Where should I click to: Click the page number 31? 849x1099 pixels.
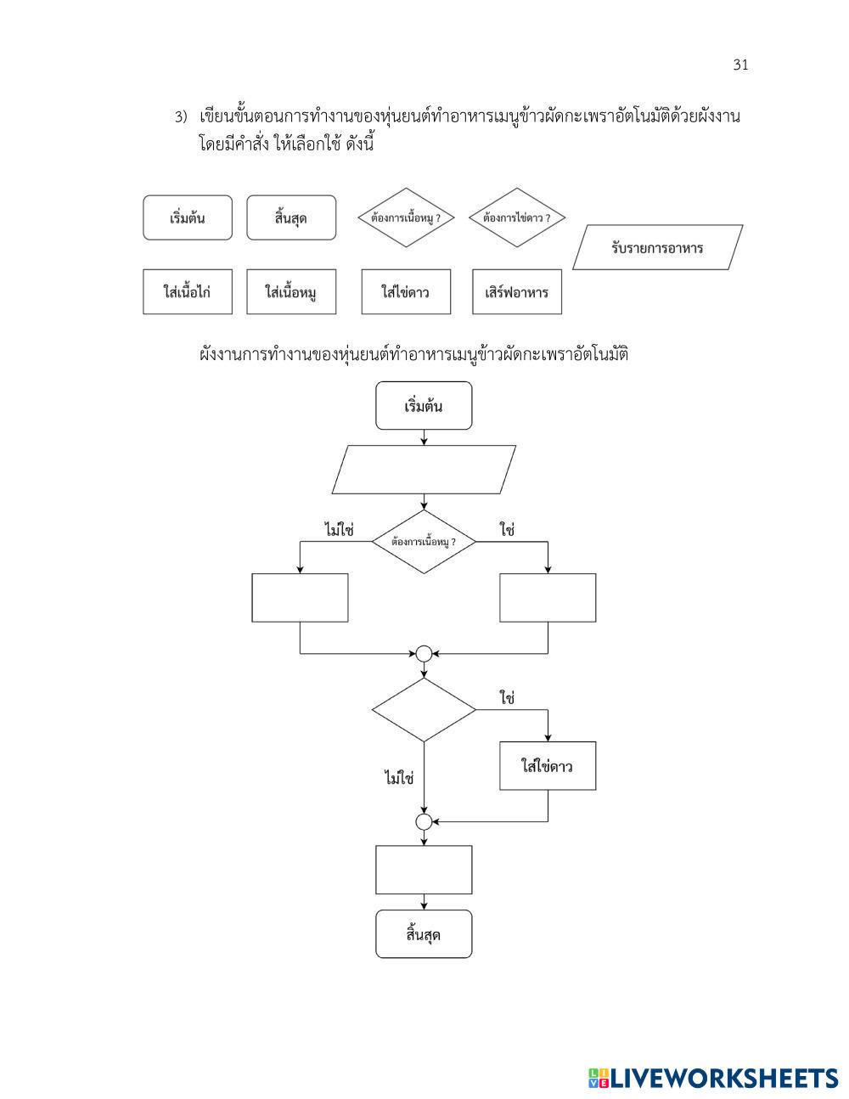pos(740,65)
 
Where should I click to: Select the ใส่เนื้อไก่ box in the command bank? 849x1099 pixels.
pos(187,292)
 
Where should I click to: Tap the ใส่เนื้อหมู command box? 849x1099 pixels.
pos(291,292)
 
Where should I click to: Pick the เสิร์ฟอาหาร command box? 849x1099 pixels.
pos(517,292)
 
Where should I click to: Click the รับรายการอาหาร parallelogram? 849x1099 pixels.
pos(657,248)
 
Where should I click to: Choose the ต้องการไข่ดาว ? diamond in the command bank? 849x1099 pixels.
pos(517,217)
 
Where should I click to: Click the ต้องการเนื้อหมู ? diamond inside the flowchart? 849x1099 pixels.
pos(424,542)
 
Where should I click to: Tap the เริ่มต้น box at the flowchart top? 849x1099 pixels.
pos(424,406)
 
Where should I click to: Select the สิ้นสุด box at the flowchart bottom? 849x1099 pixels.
pos(424,935)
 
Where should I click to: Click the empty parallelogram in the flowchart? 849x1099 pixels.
pos(424,470)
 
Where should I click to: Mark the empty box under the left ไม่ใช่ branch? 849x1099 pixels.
pos(300,598)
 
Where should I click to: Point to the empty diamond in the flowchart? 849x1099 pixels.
pos(424,709)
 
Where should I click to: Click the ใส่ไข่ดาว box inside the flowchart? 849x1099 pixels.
pos(548,766)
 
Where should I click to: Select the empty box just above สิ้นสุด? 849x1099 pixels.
pos(424,870)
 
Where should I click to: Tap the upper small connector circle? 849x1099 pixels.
pos(424,653)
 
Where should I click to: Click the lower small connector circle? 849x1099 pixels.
pos(424,821)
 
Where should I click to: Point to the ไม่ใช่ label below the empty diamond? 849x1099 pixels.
pos(398,777)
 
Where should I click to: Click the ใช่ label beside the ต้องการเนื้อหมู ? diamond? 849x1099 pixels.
pos(508,530)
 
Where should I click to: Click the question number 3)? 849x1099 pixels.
pos(180,117)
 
